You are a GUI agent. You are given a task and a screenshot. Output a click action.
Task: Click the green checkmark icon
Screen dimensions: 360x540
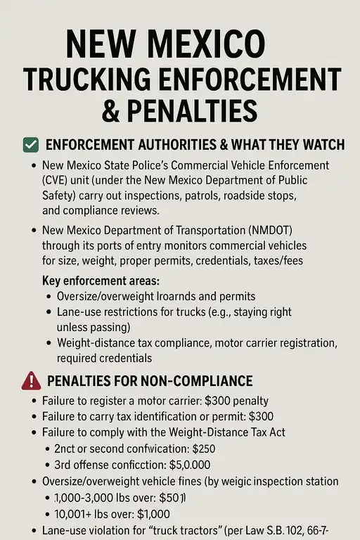30,145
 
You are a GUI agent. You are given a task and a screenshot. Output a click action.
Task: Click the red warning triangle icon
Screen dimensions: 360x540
32,381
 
